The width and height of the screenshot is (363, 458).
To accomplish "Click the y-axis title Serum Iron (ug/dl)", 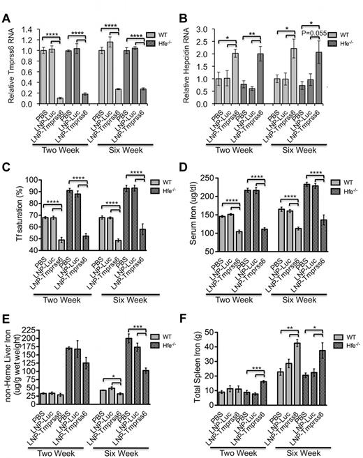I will coord(190,217).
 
